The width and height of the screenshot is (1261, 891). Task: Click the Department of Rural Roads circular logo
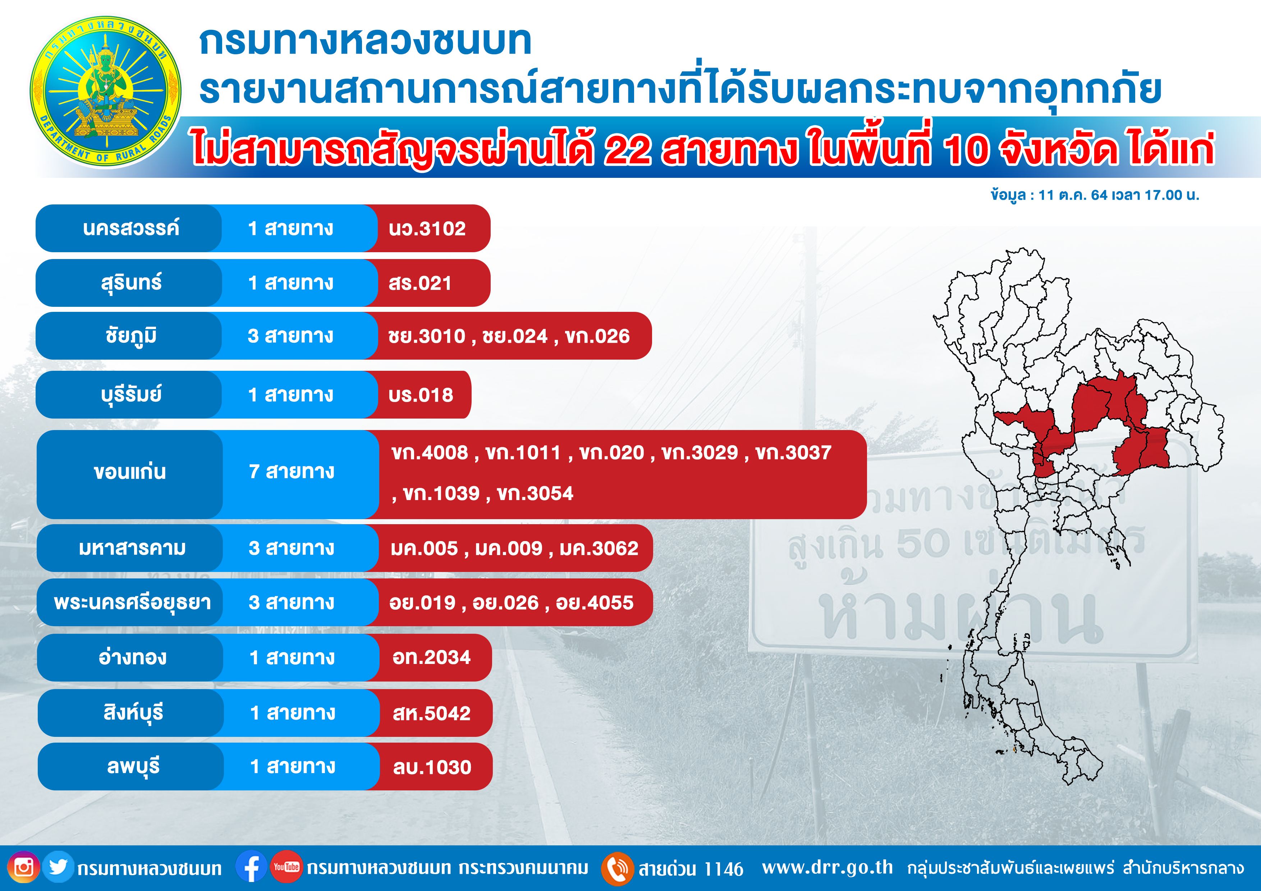coord(105,91)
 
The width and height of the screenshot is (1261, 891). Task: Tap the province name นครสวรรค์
coord(131,228)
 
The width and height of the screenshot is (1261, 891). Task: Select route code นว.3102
coord(427,228)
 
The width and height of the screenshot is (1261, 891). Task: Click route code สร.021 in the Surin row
coord(420,283)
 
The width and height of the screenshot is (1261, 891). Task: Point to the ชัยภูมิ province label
coord(131,336)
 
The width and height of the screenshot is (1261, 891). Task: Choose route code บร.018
coord(421,395)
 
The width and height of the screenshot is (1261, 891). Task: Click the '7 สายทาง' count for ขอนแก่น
coord(292,472)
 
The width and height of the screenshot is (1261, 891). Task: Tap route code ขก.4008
coord(430,453)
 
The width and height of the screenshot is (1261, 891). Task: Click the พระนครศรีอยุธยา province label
coord(132,602)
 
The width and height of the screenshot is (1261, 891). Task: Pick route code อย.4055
coord(595,603)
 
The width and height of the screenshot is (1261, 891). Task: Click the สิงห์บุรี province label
coord(133,712)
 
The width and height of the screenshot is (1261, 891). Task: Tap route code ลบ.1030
coord(432,767)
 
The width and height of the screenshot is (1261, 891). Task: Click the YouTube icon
coord(286,867)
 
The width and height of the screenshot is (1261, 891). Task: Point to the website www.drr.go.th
coord(828,868)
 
